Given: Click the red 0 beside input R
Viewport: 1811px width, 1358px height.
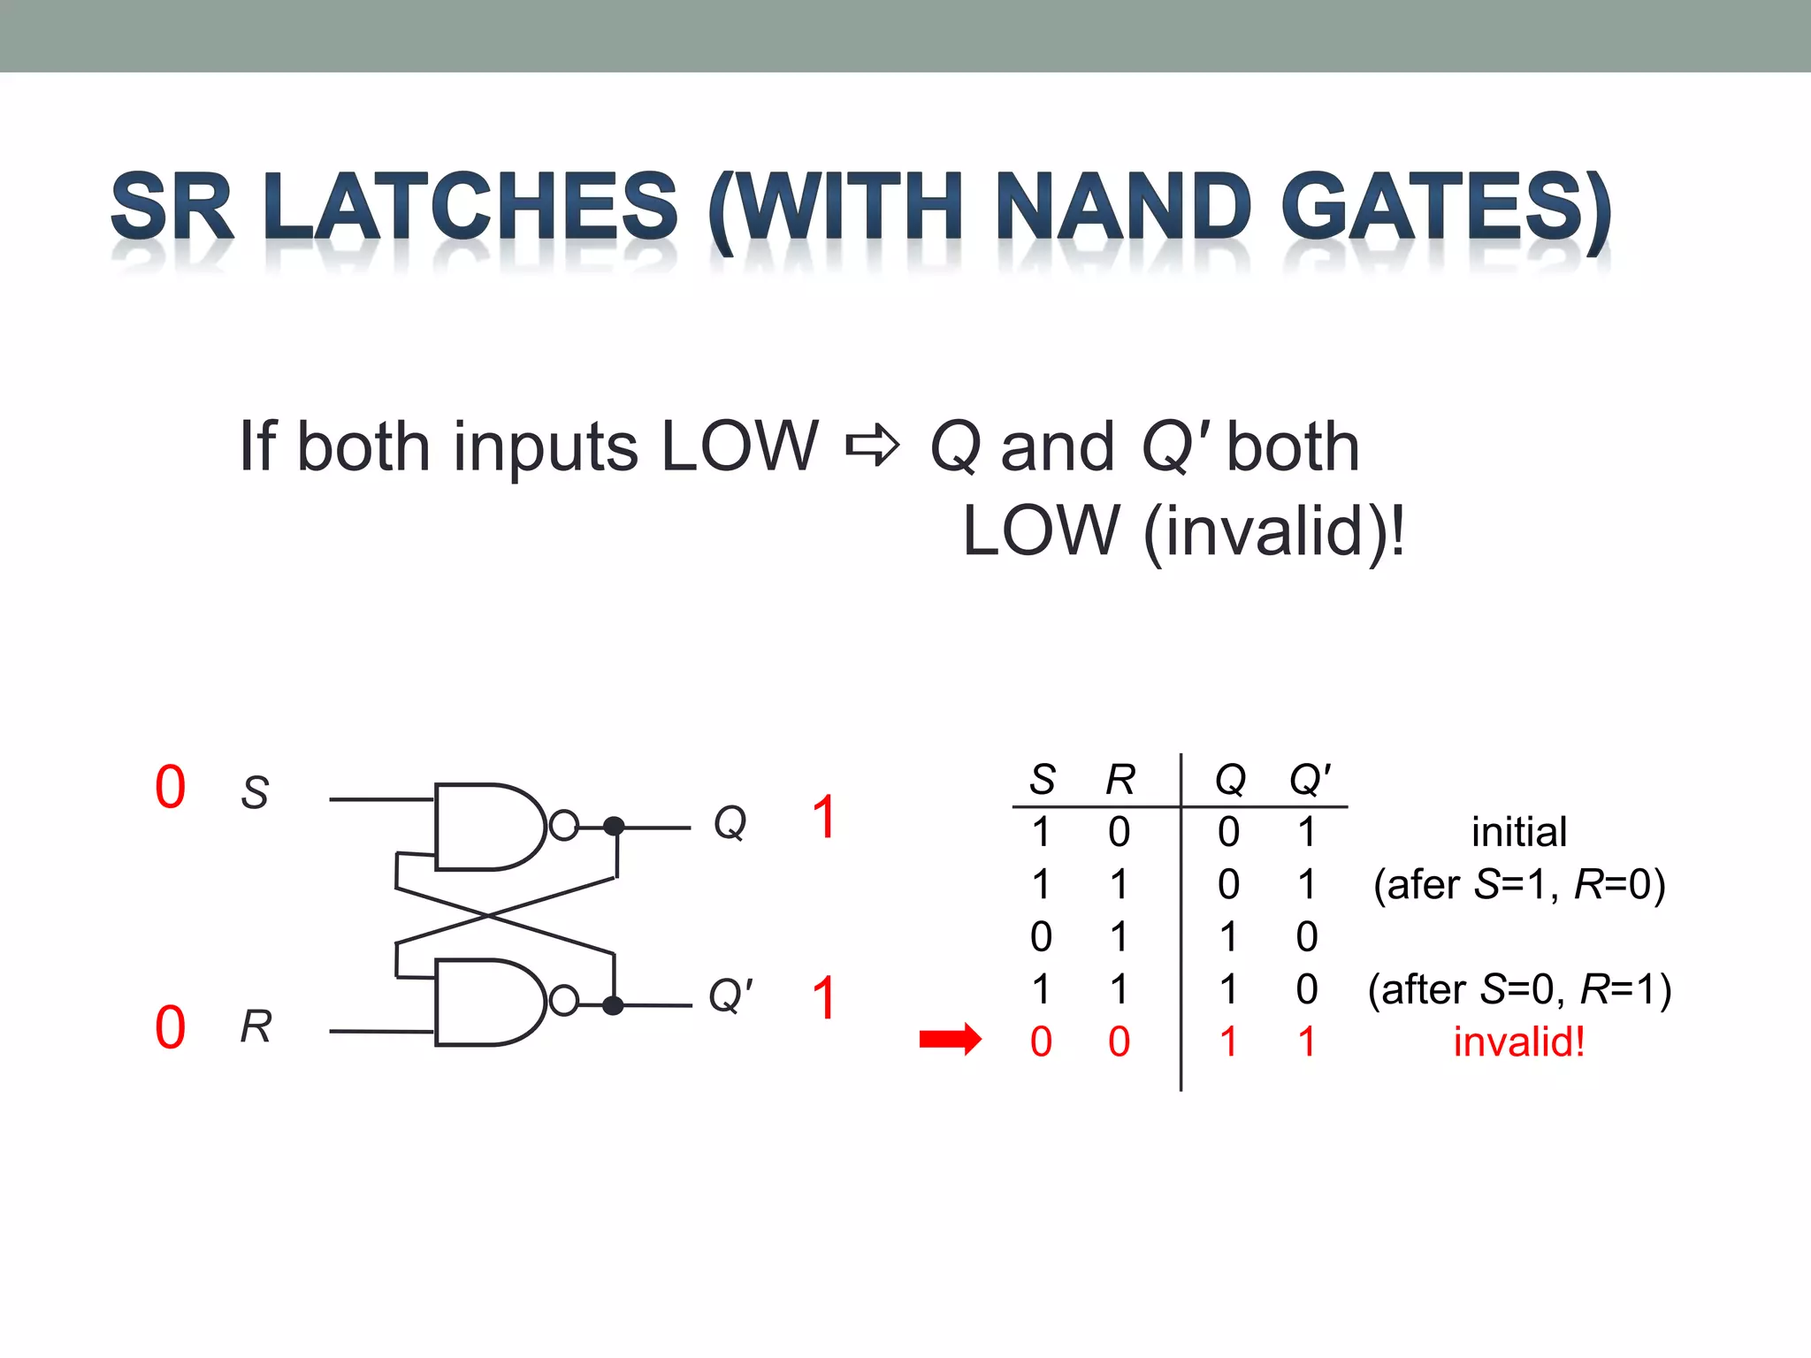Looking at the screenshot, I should pyautogui.click(x=170, y=1027).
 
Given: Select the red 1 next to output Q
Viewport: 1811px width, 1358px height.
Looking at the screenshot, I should pyautogui.click(x=823, y=817).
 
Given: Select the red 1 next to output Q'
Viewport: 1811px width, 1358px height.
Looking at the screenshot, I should pyautogui.click(x=823, y=998).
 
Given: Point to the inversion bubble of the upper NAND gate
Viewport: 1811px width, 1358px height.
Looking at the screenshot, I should pyautogui.click(x=563, y=826).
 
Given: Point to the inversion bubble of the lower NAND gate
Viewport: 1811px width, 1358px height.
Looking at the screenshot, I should pyautogui.click(x=563, y=1002).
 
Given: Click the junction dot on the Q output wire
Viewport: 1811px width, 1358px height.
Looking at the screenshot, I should pyautogui.click(x=614, y=827).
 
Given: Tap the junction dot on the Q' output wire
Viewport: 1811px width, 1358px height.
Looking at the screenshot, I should pyautogui.click(x=613, y=1005).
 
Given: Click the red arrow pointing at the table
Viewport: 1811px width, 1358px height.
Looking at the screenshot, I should pyautogui.click(x=950, y=1040).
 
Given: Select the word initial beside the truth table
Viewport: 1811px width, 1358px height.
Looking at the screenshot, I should pyautogui.click(x=1518, y=832).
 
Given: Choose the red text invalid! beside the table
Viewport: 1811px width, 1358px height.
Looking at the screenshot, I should pyautogui.click(x=1518, y=1041).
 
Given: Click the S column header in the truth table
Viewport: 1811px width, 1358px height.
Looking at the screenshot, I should pyautogui.click(x=1043, y=780).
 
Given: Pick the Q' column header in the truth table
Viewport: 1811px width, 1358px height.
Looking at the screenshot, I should pyautogui.click(x=1310, y=780).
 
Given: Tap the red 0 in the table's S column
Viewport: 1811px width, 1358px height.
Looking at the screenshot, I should pyautogui.click(x=1041, y=1041).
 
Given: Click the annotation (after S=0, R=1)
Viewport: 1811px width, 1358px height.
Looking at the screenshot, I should pyautogui.click(x=1518, y=989).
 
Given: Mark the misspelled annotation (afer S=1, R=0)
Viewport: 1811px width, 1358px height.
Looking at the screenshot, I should pyautogui.click(x=1518, y=884).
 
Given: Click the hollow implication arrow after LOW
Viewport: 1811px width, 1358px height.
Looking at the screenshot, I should pyautogui.click(x=872, y=446).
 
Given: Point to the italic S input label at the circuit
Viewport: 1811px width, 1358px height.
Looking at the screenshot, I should pyautogui.click(x=255, y=792).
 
